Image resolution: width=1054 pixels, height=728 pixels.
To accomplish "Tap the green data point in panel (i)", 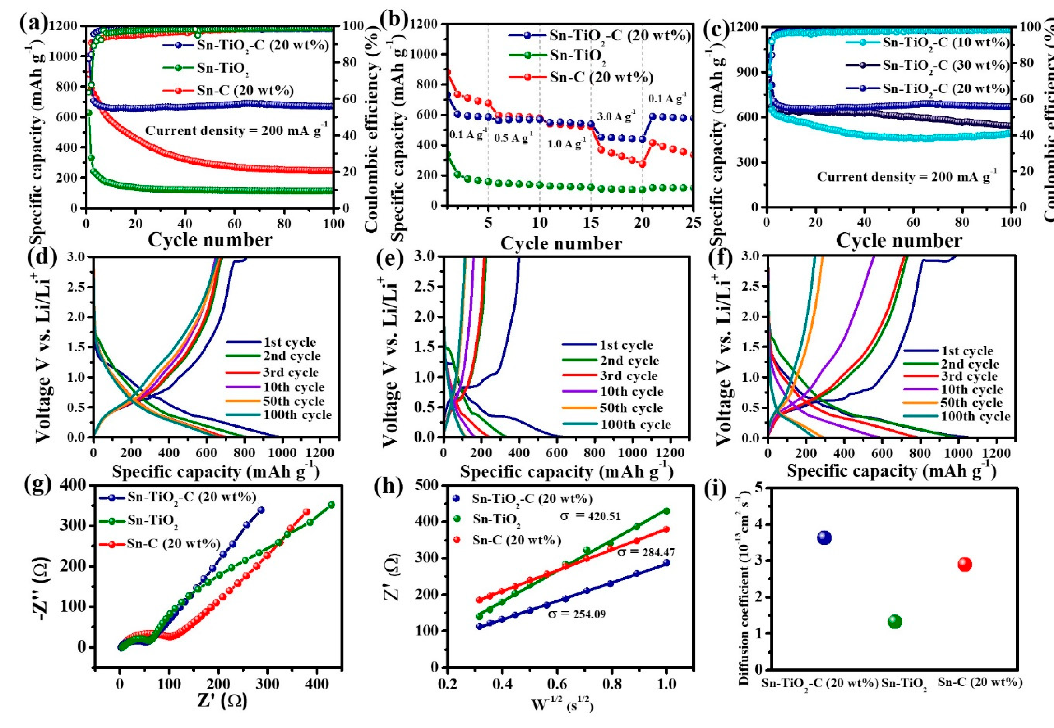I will tap(894, 621).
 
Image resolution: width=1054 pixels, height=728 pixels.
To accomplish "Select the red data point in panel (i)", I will tap(965, 564).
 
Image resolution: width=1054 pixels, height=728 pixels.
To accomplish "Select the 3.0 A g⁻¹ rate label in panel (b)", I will tap(616, 117).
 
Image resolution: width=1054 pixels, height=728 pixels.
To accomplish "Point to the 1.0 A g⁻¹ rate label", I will tap(566, 144).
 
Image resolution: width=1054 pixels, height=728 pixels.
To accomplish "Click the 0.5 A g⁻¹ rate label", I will tap(513, 138).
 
